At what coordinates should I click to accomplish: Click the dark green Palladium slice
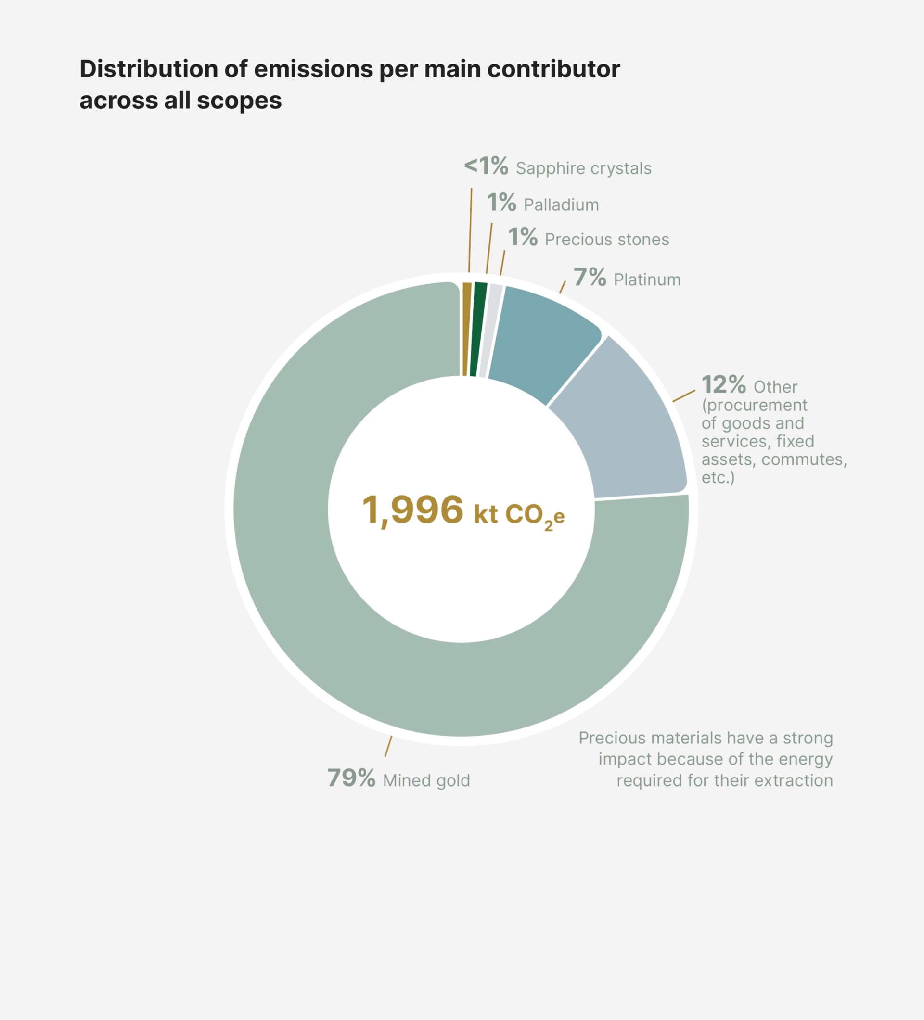click(477, 329)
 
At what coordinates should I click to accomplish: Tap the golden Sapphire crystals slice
click(466, 329)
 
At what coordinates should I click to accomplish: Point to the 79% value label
click(351, 778)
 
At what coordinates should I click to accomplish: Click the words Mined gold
click(426, 781)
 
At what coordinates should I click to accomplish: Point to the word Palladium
click(561, 205)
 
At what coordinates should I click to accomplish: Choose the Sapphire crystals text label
click(583, 168)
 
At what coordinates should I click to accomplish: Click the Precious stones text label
click(606, 239)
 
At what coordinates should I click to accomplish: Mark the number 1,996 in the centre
click(412, 510)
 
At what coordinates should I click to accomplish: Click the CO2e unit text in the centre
click(534, 515)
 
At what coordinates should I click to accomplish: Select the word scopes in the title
click(239, 100)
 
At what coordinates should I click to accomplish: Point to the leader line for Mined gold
click(388, 746)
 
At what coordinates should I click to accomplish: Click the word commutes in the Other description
click(802, 459)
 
